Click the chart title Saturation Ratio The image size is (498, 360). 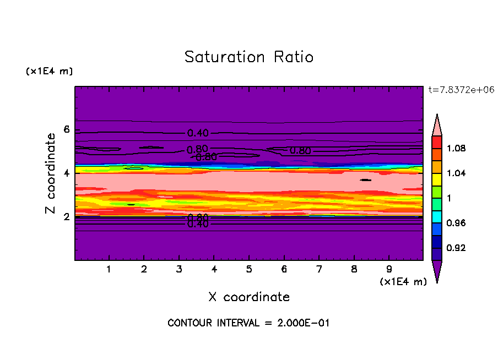[x=248, y=57]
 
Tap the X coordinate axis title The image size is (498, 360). [x=248, y=297]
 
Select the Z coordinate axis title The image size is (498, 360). [x=51, y=173]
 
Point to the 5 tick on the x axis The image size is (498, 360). [x=249, y=270]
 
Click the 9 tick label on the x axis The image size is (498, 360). [x=389, y=270]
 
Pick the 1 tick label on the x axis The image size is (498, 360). [x=109, y=270]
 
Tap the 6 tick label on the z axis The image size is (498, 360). [x=67, y=130]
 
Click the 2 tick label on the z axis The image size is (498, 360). [x=67, y=217]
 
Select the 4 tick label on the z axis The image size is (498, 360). [x=67, y=173]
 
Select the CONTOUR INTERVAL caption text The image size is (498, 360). [x=248, y=323]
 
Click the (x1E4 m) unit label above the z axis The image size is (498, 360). [x=49, y=72]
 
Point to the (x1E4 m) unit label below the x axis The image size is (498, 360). [x=403, y=282]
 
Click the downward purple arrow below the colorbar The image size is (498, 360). [x=437, y=271]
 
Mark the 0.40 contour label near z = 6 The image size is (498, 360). [x=198, y=133]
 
